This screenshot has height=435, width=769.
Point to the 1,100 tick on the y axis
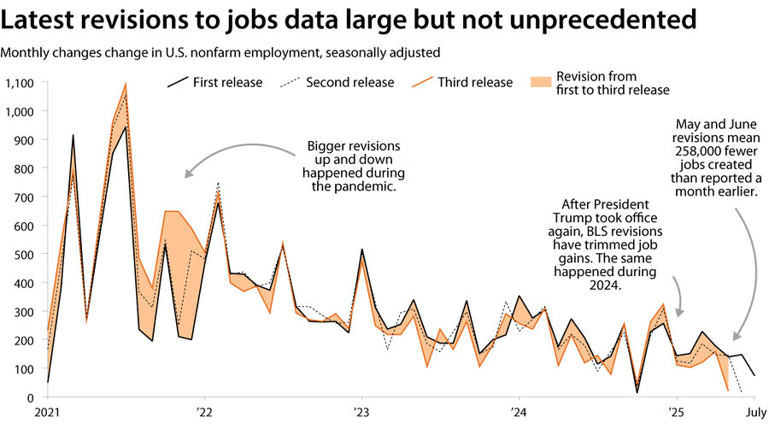pos(18,83)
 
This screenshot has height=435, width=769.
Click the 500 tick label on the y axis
pos(23,255)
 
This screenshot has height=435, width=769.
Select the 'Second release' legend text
pos(349,83)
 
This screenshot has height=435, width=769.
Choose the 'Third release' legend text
pos(475,83)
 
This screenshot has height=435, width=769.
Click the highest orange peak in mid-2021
pos(126,85)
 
